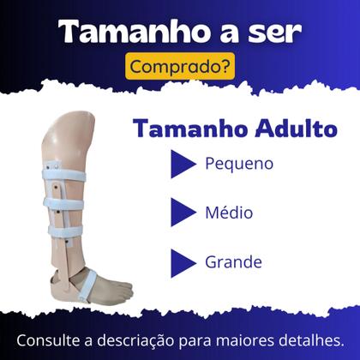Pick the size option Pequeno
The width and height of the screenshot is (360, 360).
(240, 163)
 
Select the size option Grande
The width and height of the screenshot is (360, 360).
(233, 260)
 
